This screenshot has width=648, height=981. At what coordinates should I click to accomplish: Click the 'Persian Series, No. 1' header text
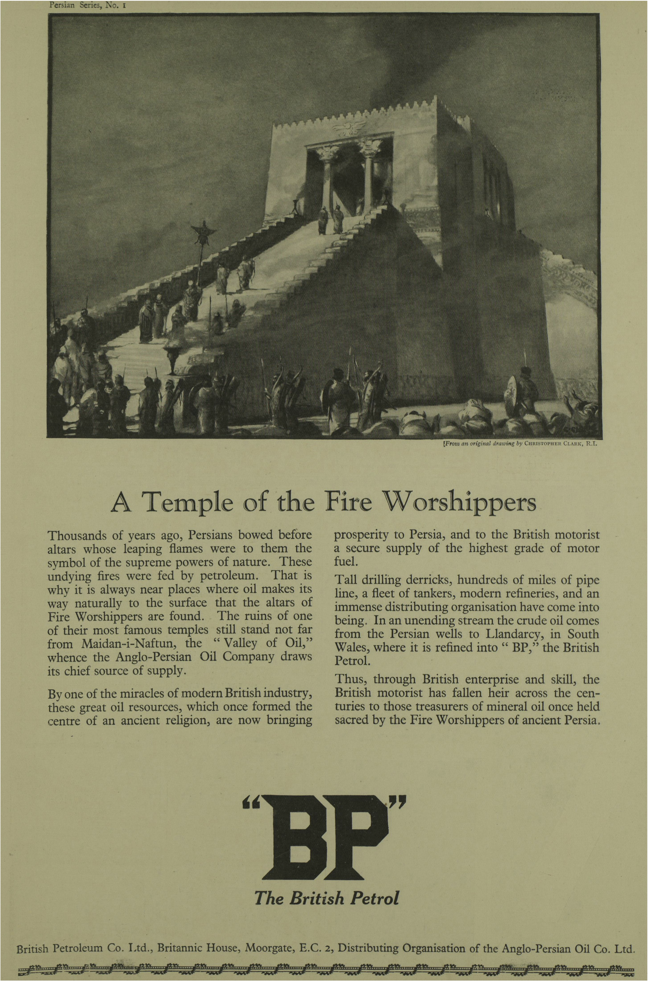pyautogui.click(x=84, y=6)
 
